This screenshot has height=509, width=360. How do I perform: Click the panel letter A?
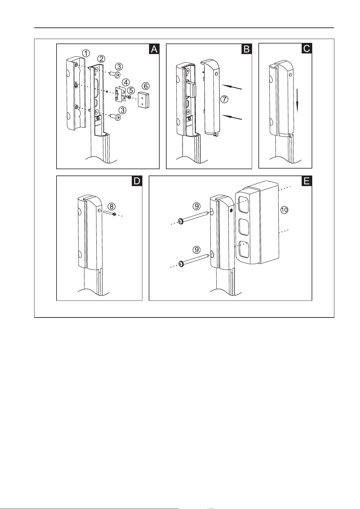pos(154,49)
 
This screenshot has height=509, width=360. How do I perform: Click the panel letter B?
pos(247,49)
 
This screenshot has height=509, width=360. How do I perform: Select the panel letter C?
pos(307,48)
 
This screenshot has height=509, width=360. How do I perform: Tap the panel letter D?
pos(137,181)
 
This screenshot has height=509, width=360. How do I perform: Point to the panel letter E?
pos(307,181)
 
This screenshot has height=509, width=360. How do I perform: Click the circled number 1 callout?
pos(86,53)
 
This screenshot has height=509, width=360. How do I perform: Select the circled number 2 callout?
pos(101,59)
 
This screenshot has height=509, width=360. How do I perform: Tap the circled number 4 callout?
pos(126,82)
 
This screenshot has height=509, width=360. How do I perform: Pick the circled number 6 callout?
pos(146,86)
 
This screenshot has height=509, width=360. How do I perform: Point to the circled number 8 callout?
pos(112,207)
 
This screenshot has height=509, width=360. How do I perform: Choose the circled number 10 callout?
pos(284,210)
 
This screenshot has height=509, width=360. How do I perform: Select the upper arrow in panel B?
pos(231,87)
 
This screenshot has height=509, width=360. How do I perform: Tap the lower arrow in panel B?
pos(231,117)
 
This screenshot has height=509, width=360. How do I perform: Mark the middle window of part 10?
pos(244,227)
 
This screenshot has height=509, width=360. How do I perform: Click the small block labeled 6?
pos(143,100)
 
